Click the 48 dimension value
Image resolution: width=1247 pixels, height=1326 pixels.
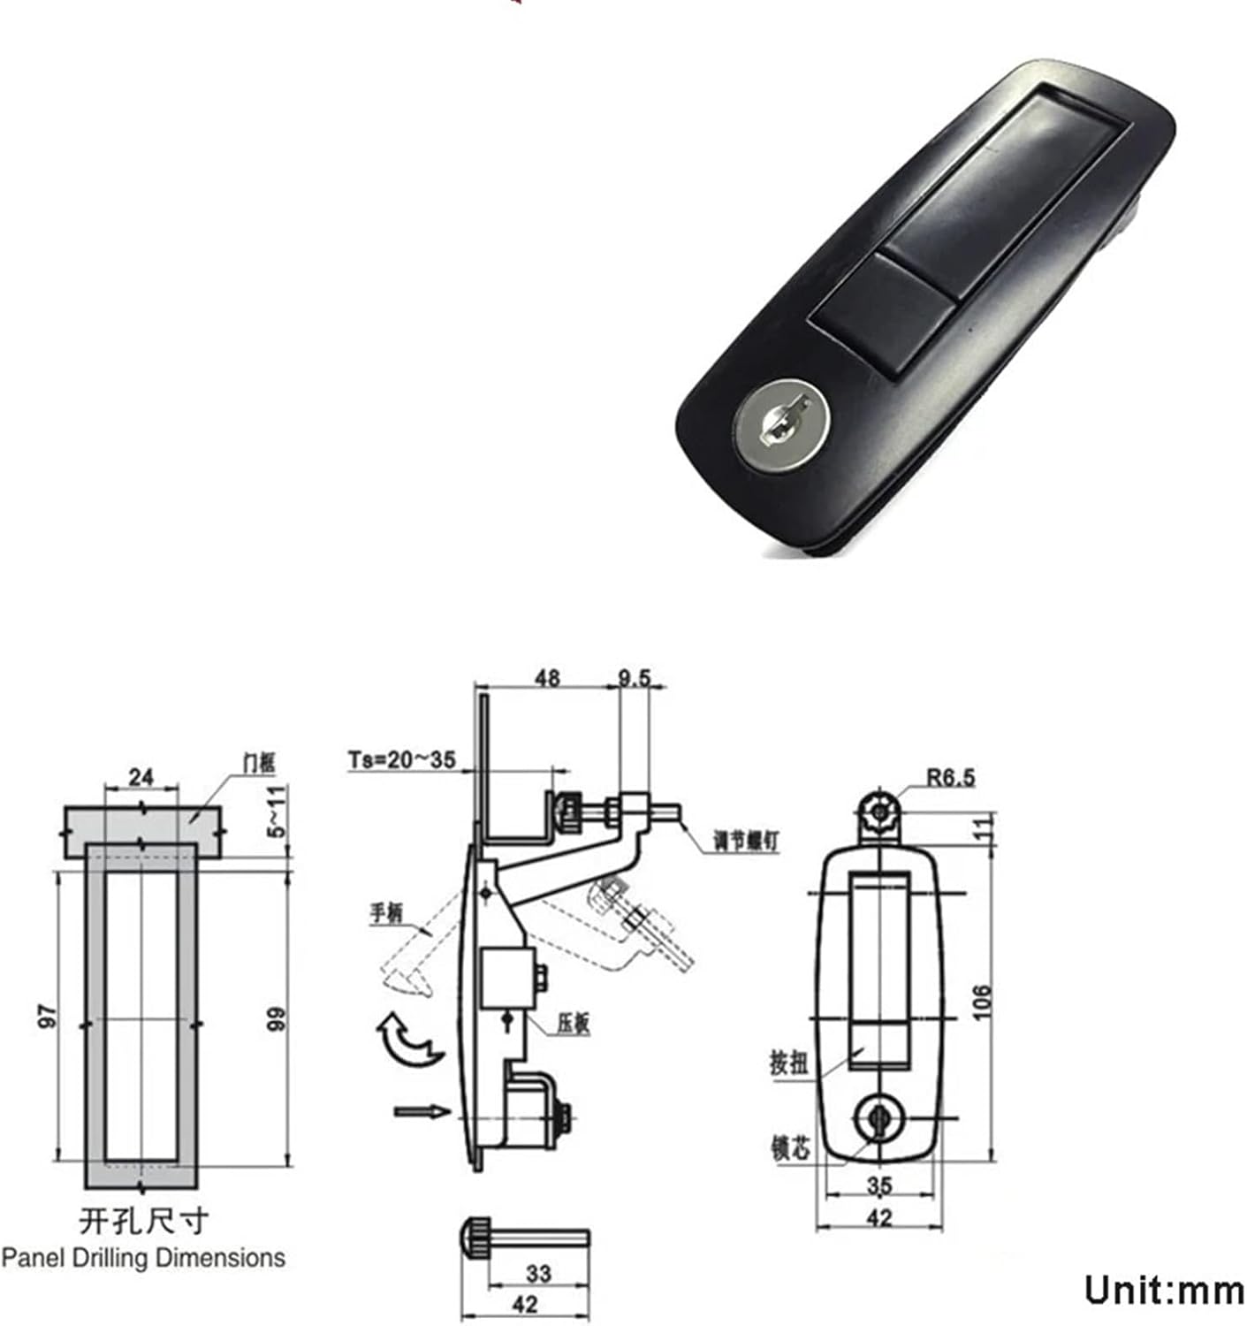point(547,678)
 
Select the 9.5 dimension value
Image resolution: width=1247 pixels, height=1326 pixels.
point(634,678)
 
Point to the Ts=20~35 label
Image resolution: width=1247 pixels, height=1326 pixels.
point(402,758)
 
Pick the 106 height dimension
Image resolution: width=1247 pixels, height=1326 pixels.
point(982,1002)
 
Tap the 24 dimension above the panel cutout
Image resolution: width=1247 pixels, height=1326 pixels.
point(141,777)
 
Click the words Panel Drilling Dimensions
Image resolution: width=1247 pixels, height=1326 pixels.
point(143,1257)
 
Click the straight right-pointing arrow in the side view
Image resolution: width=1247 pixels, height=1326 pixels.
point(422,1111)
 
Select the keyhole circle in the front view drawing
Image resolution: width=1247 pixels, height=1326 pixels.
point(878,1116)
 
